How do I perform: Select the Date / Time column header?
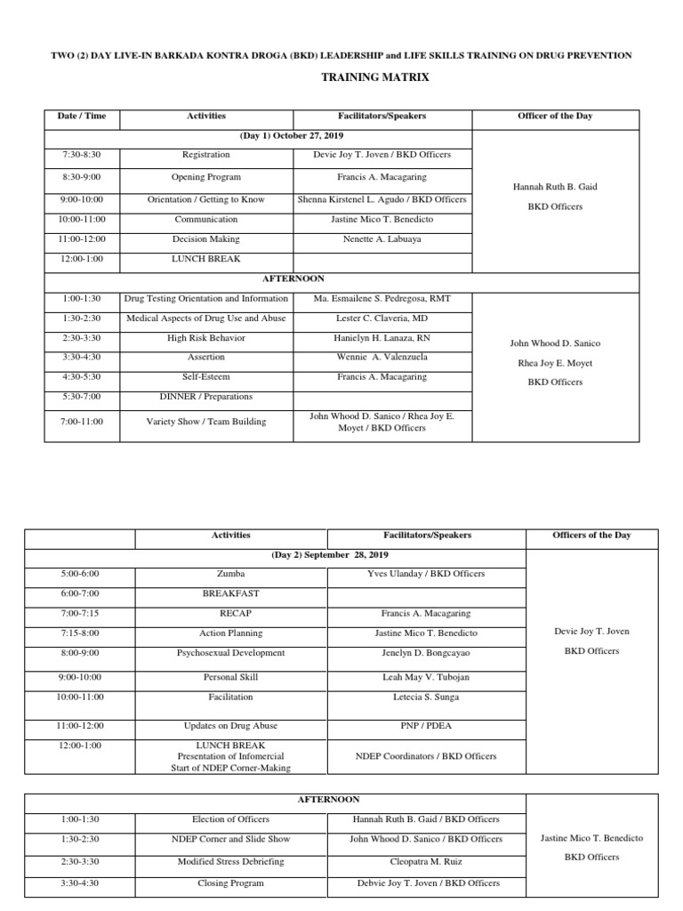[82, 116]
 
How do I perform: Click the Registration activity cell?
[205, 155]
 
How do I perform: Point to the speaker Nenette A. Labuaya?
[382, 239]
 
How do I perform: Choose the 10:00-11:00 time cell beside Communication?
[82, 219]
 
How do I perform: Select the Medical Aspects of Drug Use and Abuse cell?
[205, 318]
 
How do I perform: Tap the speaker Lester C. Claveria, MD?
[382, 318]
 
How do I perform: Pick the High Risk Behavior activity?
[205, 338]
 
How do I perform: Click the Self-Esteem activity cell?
[205, 377]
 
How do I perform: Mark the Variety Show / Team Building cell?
[205, 422]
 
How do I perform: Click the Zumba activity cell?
[229, 574]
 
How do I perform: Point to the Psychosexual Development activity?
[230, 652]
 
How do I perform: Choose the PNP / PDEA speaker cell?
[425, 725]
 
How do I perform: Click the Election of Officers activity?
[229, 819]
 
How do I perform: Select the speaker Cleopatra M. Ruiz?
[426, 861]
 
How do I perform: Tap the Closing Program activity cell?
[229, 883]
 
